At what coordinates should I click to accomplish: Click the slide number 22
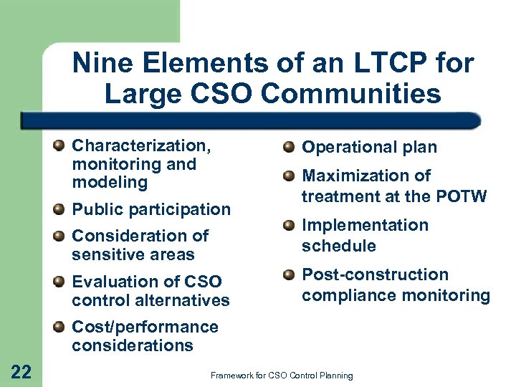21,371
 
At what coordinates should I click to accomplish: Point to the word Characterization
141,146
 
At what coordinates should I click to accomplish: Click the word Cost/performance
145,327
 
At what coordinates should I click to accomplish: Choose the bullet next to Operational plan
289,148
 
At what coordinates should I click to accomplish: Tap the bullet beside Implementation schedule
289,226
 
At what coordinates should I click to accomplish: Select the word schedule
339,245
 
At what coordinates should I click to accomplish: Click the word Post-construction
375,274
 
